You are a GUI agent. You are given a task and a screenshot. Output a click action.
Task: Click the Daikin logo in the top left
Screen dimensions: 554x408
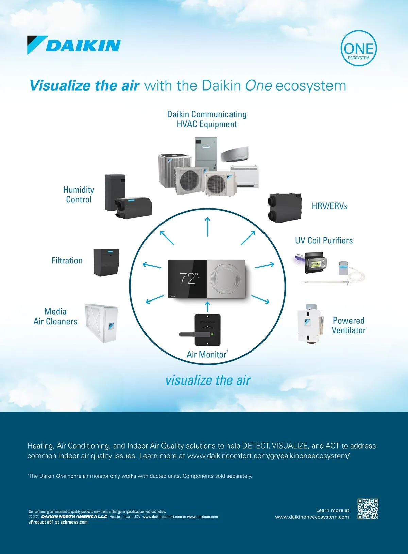74,45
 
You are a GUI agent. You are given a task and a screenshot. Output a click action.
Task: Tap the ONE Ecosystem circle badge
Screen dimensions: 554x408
359,48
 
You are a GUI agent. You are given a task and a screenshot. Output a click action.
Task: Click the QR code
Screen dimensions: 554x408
368,509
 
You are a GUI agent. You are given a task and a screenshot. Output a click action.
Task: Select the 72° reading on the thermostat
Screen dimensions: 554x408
188,278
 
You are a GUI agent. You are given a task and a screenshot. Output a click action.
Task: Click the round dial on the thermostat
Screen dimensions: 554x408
226,278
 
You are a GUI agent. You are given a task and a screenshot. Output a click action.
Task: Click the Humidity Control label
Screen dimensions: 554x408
79,195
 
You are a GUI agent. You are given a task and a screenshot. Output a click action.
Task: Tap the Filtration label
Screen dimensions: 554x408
67,261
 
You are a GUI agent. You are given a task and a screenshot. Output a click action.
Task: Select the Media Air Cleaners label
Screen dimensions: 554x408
55,316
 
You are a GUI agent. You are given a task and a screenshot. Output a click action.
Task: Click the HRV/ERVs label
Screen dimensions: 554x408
330,206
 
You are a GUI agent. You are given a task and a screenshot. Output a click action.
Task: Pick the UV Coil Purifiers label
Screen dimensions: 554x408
324,241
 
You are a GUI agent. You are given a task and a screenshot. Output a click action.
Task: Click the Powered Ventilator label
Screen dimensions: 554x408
348,325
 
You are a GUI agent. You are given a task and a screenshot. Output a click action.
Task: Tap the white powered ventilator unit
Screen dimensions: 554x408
309,324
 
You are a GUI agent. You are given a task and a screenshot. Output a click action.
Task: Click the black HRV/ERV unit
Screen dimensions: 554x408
285,208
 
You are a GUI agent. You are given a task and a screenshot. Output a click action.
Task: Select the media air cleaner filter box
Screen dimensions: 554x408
101,323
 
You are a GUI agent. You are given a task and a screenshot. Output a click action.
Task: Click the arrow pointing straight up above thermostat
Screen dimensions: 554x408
207,227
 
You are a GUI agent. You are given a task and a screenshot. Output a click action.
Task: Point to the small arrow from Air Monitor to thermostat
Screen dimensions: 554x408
208,306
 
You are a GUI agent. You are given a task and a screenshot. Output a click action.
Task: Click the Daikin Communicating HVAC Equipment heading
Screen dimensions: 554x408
207,119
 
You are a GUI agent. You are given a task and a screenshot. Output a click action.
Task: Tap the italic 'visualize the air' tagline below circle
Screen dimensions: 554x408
208,380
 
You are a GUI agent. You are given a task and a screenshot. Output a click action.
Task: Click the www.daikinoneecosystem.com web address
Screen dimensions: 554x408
312,517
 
